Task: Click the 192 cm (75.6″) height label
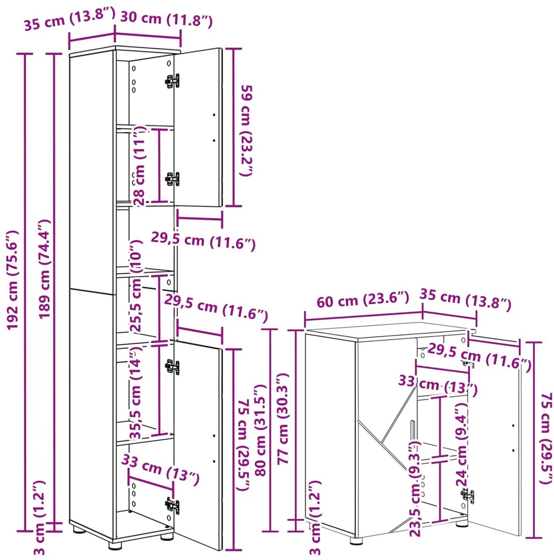coord(13,280)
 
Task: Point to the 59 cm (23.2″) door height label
coord(246,130)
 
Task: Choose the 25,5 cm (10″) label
coord(136,286)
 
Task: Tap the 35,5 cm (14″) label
coord(136,392)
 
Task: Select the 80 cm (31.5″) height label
coord(261,430)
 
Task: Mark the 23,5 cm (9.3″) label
coord(415,489)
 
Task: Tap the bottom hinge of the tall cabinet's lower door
coord(172,505)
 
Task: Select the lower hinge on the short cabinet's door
coord(467,496)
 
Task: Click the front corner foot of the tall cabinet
coord(115,545)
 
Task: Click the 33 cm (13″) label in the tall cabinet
coord(160,470)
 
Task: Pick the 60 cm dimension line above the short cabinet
coord(363,315)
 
